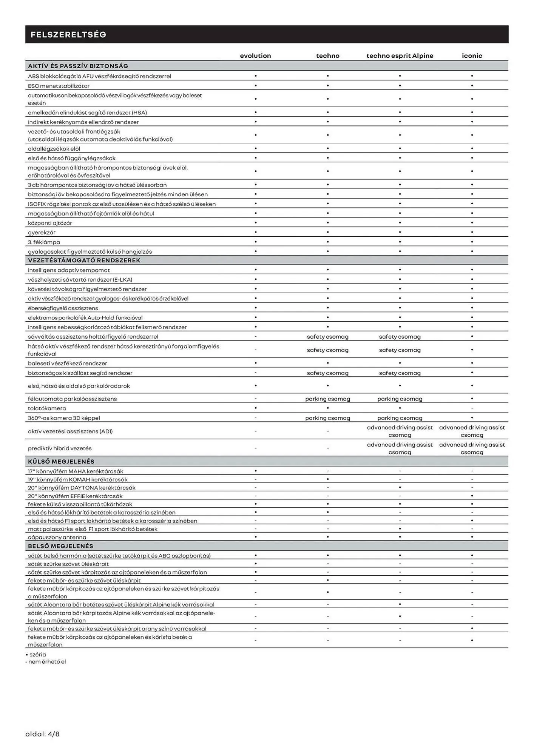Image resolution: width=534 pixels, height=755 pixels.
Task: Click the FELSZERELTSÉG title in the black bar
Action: pyautogui.click(x=68, y=35)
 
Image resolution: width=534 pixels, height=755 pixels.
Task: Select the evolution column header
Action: pyautogui.click(x=255, y=56)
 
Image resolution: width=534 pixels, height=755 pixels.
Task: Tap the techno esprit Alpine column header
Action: pyautogui.click(x=400, y=56)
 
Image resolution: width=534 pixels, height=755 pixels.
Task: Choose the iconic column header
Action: pyautogui.click(x=472, y=56)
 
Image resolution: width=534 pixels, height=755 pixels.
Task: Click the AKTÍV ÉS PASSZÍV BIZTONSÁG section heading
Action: pyautogui.click(x=78, y=66)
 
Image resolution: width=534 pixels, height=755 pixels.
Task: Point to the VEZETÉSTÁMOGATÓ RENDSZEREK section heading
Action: pyautogui.click(x=84, y=260)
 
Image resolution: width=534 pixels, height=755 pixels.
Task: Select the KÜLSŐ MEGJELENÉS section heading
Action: pyautogui.click(x=61, y=461)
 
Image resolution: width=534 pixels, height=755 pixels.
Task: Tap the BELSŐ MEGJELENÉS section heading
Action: pyautogui.click(x=60, y=546)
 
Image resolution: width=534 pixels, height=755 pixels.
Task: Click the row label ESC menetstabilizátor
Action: pyautogui.click(x=59, y=86)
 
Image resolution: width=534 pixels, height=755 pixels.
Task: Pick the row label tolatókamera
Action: pyautogui.click(x=47, y=408)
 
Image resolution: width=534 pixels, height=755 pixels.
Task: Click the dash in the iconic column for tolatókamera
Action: pyautogui.click(x=472, y=408)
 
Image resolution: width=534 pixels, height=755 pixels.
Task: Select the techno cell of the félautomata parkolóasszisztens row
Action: pyautogui.click(x=327, y=399)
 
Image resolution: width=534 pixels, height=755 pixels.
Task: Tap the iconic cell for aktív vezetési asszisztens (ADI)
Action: pyautogui.click(x=472, y=431)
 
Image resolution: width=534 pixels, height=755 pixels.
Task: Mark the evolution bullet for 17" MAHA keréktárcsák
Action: pyautogui.click(x=256, y=471)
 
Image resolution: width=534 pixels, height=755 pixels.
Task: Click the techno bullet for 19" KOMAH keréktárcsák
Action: pyautogui.click(x=328, y=479)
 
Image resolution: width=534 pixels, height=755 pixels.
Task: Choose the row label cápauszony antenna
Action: pyautogui.click(x=57, y=537)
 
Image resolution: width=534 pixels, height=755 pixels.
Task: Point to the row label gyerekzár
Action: pyautogui.click(x=42, y=233)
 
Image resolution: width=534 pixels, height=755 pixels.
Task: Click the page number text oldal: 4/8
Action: pyautogui.click(x=42, y=734)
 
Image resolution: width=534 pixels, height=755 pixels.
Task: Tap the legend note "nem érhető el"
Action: pyautogui.click(x=47, y=662)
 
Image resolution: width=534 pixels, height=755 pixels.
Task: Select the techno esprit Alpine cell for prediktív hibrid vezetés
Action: pyautogui.click(x=400, y=448)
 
